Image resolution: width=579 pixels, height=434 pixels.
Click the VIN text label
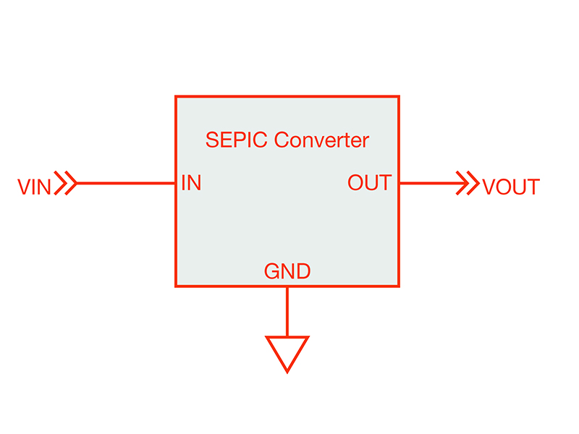click(x=34, y=187)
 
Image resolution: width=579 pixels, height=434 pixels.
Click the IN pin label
click(x=191, y=183)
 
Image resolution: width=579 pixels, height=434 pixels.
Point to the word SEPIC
click(x=237, y=140)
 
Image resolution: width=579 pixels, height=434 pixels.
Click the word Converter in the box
click(x=321, y=140)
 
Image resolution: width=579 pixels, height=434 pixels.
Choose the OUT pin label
click(x=369, y=183)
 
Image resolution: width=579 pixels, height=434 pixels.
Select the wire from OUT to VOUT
click(x=427, y=184)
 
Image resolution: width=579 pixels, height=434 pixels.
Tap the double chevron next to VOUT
click(x=467, y=184)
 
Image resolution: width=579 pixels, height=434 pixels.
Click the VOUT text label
click(x=511, y=187)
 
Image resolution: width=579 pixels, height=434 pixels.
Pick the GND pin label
click(x=287, y=272)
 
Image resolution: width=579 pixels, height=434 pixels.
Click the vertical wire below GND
click(x=287, y=311)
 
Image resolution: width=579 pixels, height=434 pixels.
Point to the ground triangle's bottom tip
click(x=287, y=371)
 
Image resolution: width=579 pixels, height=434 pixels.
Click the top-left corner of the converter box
click(x=176, y=96)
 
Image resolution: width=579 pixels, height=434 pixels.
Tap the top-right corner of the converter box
click(x=399, y=96)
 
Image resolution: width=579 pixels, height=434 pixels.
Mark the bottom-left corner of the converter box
click(x=176, y=286)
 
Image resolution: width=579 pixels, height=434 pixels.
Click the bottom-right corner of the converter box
click(x=399, y=286)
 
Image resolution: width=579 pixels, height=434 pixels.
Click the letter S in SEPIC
click(x=211, y=140)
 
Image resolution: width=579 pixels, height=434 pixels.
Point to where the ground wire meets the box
click(x=287, y=286)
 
